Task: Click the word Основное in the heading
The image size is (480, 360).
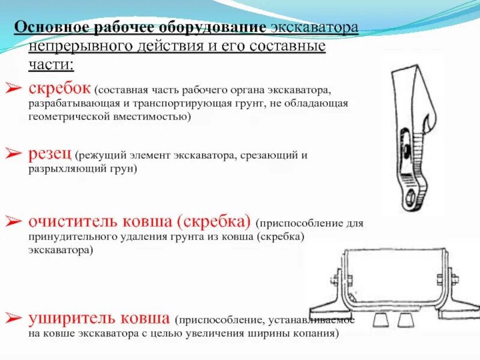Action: pyautogui.click(x=50, y=28)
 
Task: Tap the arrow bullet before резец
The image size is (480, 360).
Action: pyautogui.click(x=14, y=154)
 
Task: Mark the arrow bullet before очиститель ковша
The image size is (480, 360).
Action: pyautogui.click(x=14, y=222)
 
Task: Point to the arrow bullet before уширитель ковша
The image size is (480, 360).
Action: pyautogui.click(x=14, y=318)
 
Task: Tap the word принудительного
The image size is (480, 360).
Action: pyautogui.click(x=72, y=236)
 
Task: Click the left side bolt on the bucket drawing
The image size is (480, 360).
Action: pyautogui.click(x=336, y=280)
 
